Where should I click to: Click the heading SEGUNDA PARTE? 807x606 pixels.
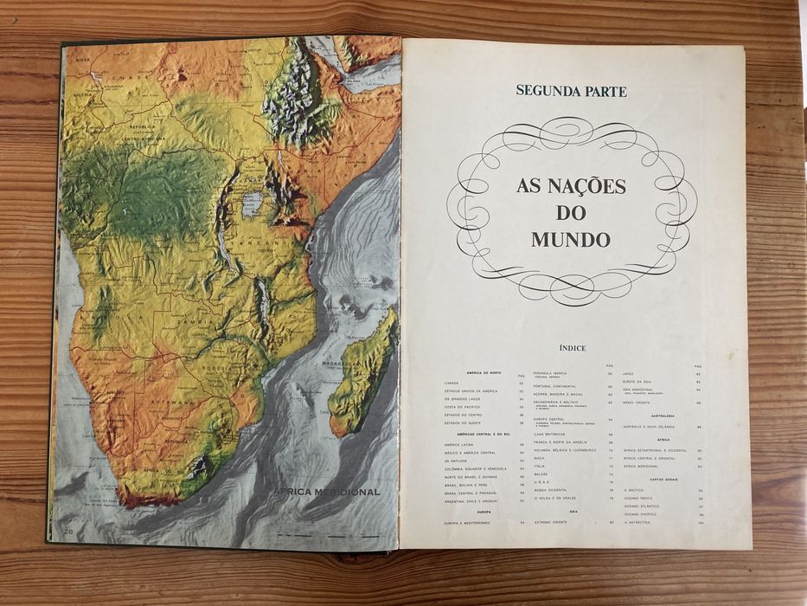(x=571, y=90)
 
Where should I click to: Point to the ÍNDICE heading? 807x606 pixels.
(x=572, y=348)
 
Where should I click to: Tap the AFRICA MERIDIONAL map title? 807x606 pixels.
(x=328, y=492)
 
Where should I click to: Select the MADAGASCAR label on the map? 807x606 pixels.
(x=343, y=364)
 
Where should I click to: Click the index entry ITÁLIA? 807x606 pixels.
(x=541, y=466)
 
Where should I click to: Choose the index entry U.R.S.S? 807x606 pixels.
(x=541, y=482)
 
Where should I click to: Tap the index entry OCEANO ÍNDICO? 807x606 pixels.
(x=641, y=499)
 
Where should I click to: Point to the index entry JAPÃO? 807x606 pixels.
(x=631, y=374)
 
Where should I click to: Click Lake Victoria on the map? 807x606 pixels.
(x=252, y=204)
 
